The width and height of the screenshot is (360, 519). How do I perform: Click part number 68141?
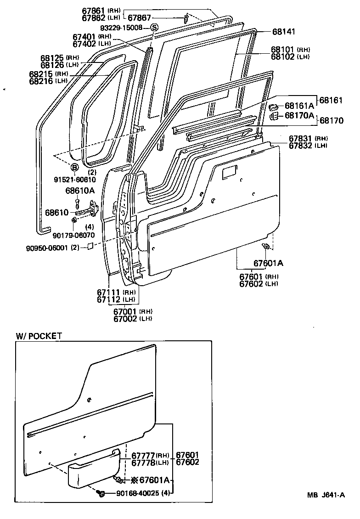coord(283,32)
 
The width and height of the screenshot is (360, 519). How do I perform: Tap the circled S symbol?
coord(154,28)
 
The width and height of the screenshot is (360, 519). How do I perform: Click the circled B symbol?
coord(74,167)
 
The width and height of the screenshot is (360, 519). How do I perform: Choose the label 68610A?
coord(79,190)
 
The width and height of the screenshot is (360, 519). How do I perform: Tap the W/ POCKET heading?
coord(39,336)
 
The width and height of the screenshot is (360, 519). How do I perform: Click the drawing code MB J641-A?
coord(326,495)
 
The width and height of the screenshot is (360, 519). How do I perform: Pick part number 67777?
coord(143,455)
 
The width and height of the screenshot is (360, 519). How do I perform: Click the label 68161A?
coord(299,106)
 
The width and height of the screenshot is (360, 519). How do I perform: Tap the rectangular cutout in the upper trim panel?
coord(229,173)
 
